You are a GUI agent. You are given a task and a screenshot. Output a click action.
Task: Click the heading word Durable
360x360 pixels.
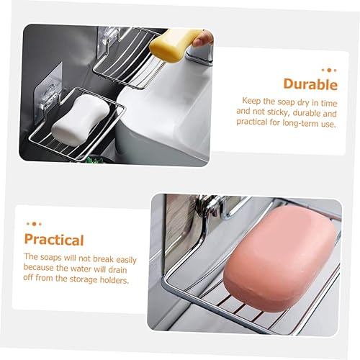(x=310, y=84)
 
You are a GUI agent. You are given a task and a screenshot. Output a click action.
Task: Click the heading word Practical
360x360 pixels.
(x=54, y=240)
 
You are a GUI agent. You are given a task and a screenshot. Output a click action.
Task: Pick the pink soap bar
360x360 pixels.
(x=279, y=256)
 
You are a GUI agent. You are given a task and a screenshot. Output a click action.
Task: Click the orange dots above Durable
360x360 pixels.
(x=328, y=70)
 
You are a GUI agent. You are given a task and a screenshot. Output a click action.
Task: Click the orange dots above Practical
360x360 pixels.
(x=32, y=224)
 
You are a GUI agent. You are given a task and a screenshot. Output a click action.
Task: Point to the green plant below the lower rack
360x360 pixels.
(x=94, y=159)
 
